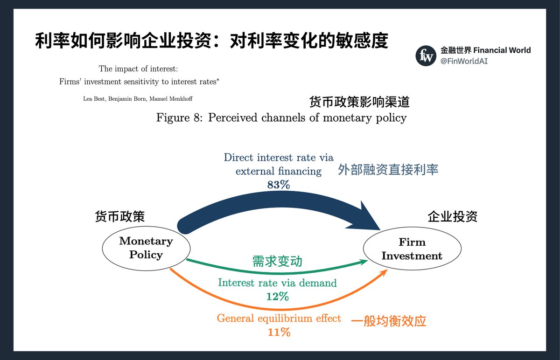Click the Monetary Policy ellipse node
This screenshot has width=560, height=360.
pos(146,248)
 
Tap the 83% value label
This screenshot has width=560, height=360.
pos(279,185)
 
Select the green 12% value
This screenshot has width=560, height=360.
pos(277,296)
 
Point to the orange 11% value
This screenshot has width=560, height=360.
pos(279,332)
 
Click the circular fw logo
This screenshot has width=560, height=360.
pos(426,56)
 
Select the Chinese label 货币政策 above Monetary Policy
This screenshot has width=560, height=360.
pos(120,217)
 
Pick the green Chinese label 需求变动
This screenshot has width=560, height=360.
pos(277,261)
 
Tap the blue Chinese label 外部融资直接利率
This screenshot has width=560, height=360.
pos(388,169)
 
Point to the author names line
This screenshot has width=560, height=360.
pos(138,99)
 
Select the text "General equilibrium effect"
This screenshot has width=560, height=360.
pos(279,318)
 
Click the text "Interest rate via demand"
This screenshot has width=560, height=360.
pos(277,283)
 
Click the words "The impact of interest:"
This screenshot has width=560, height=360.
pos(138,69)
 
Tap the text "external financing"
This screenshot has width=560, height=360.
pos(279,171)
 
